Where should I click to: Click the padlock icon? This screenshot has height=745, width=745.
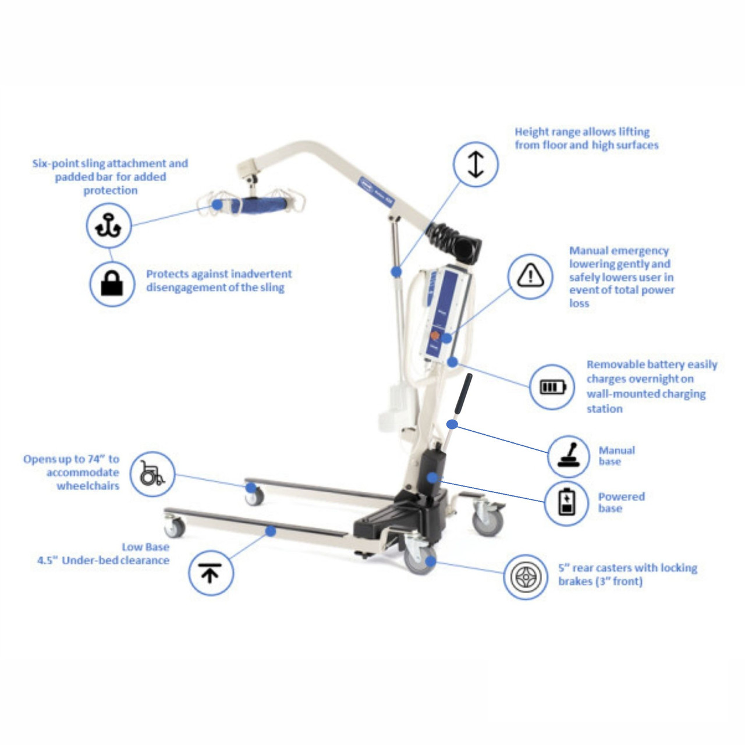coord(112,283)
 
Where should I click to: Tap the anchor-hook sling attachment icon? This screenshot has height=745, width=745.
coord(109,225)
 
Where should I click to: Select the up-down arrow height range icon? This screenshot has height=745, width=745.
coord(476,164)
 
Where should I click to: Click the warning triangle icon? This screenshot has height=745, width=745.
coord(530,276)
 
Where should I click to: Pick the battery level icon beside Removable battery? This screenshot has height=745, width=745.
coord(552,387)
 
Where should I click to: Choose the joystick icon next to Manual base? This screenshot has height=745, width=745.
coord(569,456)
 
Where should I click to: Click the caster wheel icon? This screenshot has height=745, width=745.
coord(526,577)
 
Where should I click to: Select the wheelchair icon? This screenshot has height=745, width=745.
coord(152,475)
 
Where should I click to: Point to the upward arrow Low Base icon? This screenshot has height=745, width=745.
coord(210,573)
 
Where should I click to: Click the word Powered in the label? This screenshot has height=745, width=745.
coord(621,496)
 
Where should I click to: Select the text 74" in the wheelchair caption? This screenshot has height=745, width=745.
coord(95,459)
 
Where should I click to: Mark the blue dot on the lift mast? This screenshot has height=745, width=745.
coord(396,271)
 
